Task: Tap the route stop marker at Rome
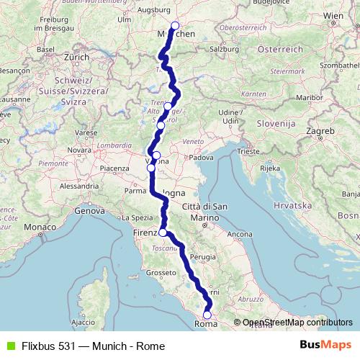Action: (207, 315)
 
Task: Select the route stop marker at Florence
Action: (163, 233)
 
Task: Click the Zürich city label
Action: (76, 56)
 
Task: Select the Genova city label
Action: (90, 212)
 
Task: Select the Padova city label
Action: (202, 157)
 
